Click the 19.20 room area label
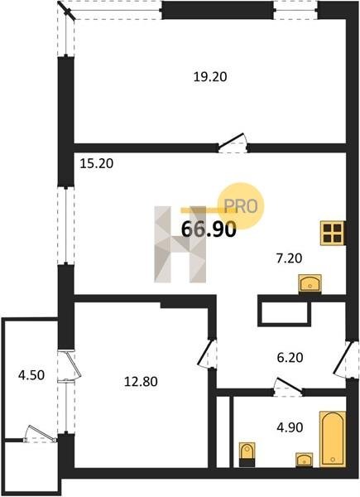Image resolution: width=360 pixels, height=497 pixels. tap(210, 77)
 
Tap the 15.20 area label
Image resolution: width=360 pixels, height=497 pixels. tap(97, 163)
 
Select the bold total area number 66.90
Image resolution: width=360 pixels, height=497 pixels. tap(209, 229)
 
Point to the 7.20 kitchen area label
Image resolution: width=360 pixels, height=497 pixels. tap(289, 258)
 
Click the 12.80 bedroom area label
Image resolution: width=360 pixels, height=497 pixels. tap(141, 381)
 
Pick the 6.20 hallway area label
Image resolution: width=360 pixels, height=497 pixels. tap(290, 358)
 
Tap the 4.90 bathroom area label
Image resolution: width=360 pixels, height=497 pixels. tap(290, 427)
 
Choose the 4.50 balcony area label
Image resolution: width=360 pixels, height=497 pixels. tap(31, 375)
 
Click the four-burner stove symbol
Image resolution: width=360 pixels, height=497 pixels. tap(333, 233)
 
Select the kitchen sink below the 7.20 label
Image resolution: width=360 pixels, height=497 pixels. tap(310, 283)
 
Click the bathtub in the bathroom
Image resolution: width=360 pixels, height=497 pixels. tap(333, 439)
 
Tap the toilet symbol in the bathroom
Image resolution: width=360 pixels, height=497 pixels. tap(247, 454)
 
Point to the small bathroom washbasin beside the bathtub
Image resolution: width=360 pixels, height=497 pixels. tap(305, 460)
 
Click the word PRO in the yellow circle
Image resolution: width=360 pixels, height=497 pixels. tap(241, 206)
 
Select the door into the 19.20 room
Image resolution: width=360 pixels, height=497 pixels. tap(233, 142)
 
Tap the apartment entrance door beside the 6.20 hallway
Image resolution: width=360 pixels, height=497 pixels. tap(344, 359)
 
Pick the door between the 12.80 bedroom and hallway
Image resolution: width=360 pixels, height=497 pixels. tap(207, 354)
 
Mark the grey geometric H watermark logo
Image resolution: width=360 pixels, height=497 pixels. tap(180, 244)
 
